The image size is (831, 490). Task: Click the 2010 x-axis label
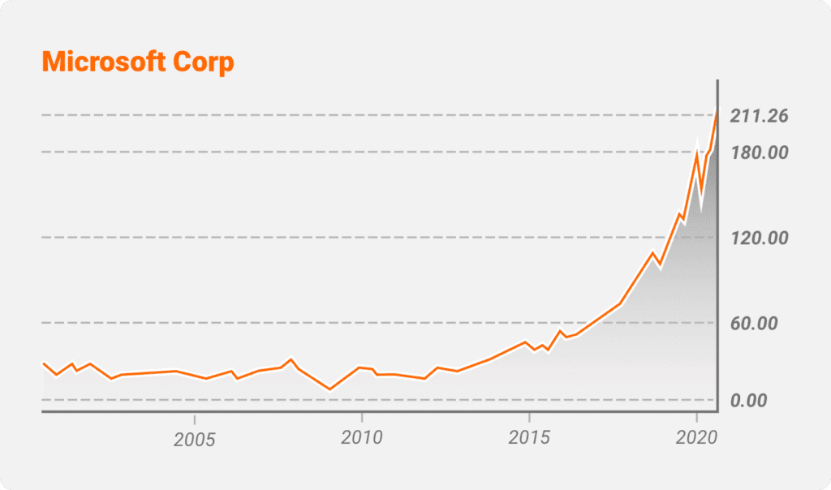(362, 440)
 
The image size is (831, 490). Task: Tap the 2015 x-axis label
(529, 440)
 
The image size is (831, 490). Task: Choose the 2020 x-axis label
(695, 440)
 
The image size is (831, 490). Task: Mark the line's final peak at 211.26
(717, 108)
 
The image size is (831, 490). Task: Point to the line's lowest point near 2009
(329, 389)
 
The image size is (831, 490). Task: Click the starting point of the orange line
(42, 363)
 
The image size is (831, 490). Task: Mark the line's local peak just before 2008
(291, 359)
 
